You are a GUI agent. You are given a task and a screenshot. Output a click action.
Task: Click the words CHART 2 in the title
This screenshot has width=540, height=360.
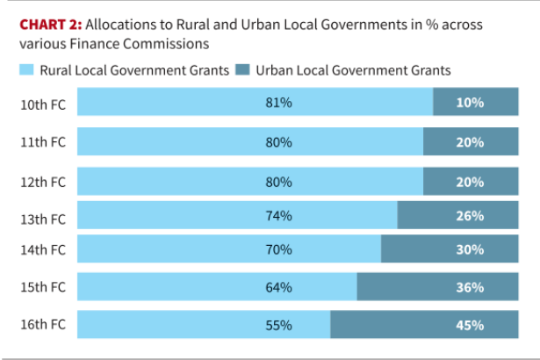click(51, 24)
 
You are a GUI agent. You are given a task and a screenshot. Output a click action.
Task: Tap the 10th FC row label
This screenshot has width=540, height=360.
click(43, 103)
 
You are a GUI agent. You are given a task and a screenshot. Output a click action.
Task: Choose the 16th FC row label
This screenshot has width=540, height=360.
click(43, 324)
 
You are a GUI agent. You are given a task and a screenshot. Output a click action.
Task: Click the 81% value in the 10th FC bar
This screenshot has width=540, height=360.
click(278, 103)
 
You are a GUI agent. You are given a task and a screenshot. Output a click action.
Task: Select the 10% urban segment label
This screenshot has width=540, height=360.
click(470, 103)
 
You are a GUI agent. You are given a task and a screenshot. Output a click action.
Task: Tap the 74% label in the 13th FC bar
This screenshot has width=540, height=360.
click(278, 216)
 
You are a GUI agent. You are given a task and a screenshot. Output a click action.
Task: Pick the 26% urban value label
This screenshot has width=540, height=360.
click(470, 216)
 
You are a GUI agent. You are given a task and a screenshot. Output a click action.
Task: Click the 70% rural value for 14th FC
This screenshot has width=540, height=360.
click(278, 249)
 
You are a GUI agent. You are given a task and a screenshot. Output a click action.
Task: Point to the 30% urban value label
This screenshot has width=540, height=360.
click(470, 249)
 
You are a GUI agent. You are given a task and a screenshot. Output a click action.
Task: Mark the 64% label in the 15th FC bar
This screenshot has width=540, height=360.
click(278, 287)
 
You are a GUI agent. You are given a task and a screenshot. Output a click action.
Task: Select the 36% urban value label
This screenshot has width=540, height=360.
click(470, 287)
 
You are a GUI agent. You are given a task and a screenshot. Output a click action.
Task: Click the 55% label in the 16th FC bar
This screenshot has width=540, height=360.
click(278, 325)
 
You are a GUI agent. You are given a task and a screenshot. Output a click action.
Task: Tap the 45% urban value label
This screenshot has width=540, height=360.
click(470, 325)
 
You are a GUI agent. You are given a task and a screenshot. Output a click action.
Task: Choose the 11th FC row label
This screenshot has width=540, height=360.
click(43, 141)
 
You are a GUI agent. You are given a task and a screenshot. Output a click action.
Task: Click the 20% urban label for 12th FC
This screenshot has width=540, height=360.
click(470, 183)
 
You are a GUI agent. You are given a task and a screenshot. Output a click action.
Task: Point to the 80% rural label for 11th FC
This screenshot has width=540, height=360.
click(278, 141)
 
